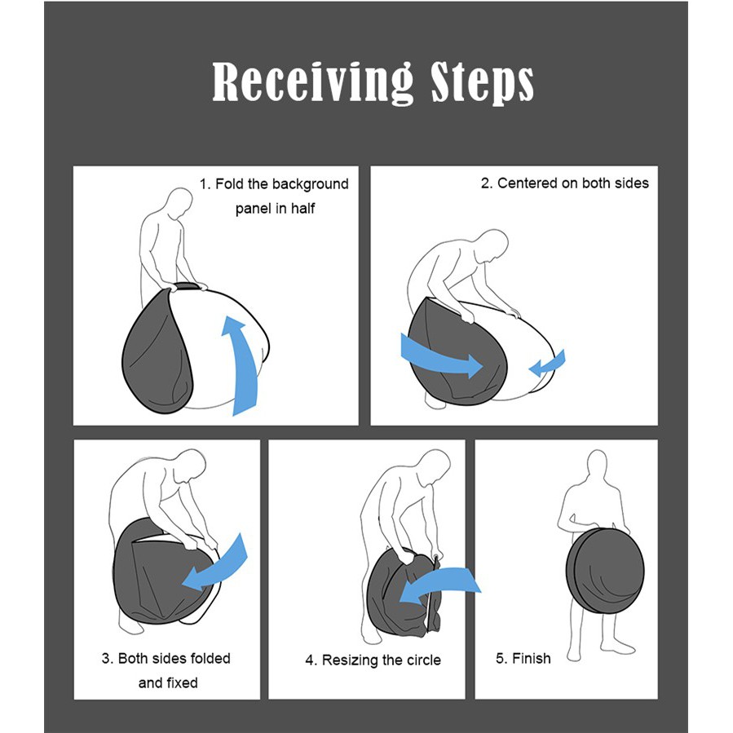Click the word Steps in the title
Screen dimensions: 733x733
click(x=482, y=82)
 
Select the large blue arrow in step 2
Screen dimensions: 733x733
click(x=441, y=356)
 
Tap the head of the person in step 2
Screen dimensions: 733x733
click(x=493, y=245)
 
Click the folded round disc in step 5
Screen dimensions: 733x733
click(x=605, y=570)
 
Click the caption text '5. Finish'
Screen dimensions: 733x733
click(x=523, y=658)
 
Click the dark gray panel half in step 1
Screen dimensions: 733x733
click(x=158, y=355)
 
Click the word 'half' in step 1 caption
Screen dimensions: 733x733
click(x=303, y=209)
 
